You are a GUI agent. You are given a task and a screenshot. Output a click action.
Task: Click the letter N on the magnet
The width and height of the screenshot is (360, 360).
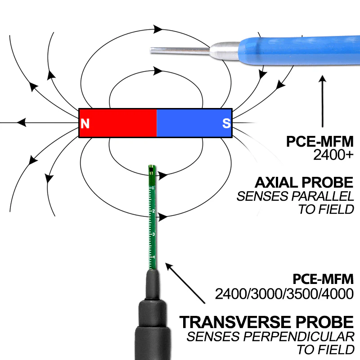coord(85,123)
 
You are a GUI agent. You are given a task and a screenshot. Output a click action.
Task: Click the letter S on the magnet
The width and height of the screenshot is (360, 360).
coord(226,123)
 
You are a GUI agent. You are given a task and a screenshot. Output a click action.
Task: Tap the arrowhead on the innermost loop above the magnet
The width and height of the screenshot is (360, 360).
coord(157,71)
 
